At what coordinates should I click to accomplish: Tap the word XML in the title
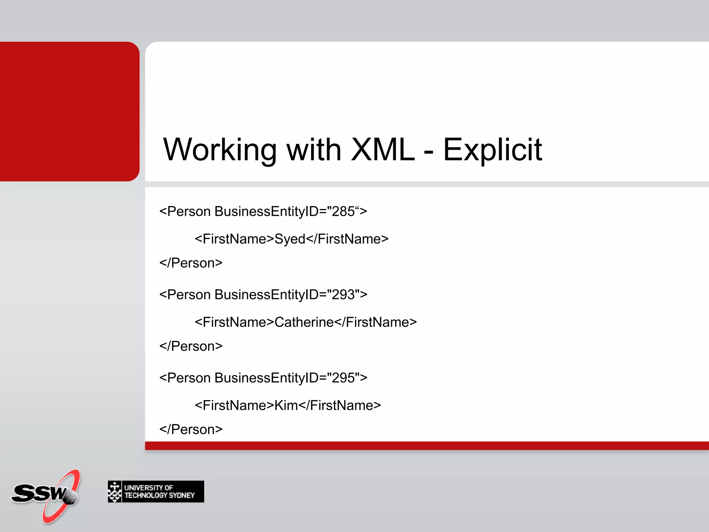[383, 150]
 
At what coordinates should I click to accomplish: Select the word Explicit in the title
[492, 150]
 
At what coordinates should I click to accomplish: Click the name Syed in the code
[290, 239]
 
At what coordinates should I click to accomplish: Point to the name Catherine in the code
[304, 322]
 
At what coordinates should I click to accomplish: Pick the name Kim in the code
[286, 405]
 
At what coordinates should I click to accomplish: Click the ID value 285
[343, 212]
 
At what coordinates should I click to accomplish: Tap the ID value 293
[343, 295]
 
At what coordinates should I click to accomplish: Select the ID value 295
[343, 378]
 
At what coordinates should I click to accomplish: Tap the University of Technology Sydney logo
[156, 491]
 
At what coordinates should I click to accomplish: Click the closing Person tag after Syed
[191, 263]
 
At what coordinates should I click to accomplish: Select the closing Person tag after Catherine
[191, 346]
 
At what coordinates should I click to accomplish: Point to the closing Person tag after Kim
[191, 429]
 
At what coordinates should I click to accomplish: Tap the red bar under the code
[426, 446]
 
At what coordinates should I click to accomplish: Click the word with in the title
[314, 150]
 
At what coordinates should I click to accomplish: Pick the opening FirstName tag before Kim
[234, 405]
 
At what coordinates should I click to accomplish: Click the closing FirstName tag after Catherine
[376, 322]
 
